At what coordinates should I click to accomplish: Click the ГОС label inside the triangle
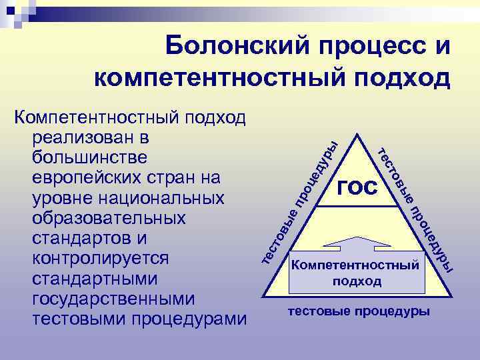coord(357,188)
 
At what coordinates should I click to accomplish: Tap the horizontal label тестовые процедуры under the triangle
coord(359,311)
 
